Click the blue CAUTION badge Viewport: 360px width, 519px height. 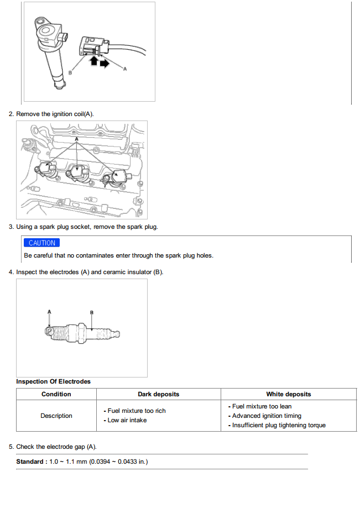pos(41,243)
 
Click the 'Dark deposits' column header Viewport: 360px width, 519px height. pos(158,394)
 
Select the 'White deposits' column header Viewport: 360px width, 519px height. pos(289,394)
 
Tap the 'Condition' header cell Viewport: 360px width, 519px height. pos(56,394)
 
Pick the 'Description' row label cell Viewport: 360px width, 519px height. pos(56,416)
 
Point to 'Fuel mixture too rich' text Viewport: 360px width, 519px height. pos(137,411)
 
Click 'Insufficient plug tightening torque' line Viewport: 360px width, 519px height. pos(279,425)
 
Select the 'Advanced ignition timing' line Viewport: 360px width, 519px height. pos(267,416)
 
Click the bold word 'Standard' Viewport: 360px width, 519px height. pos(30,462)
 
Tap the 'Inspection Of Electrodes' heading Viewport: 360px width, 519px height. pos(53,381)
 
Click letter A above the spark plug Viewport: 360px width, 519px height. pos(49,312)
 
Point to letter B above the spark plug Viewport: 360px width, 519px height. pos(92,312)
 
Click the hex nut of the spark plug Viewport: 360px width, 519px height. pos(81,333)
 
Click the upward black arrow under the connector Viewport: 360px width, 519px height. pos(94,60)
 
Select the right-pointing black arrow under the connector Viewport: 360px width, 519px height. pos(105,63)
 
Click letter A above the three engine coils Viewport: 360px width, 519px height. pos(76,139)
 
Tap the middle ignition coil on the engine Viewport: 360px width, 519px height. pos(78,173)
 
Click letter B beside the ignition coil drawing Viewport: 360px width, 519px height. pos(70,72)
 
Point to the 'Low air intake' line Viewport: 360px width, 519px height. pos(127,420)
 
